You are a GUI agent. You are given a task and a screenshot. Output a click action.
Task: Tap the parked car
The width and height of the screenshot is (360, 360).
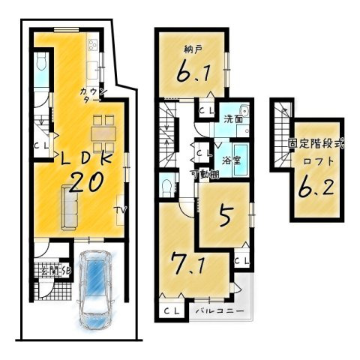tap(95, 286)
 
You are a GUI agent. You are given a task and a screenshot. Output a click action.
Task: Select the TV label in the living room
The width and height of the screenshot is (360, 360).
tap(119, 210)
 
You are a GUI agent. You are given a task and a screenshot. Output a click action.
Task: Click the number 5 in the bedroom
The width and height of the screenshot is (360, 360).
tap(223, 217)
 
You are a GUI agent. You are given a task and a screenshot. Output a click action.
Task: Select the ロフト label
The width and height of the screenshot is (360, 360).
tap(316, 160)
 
